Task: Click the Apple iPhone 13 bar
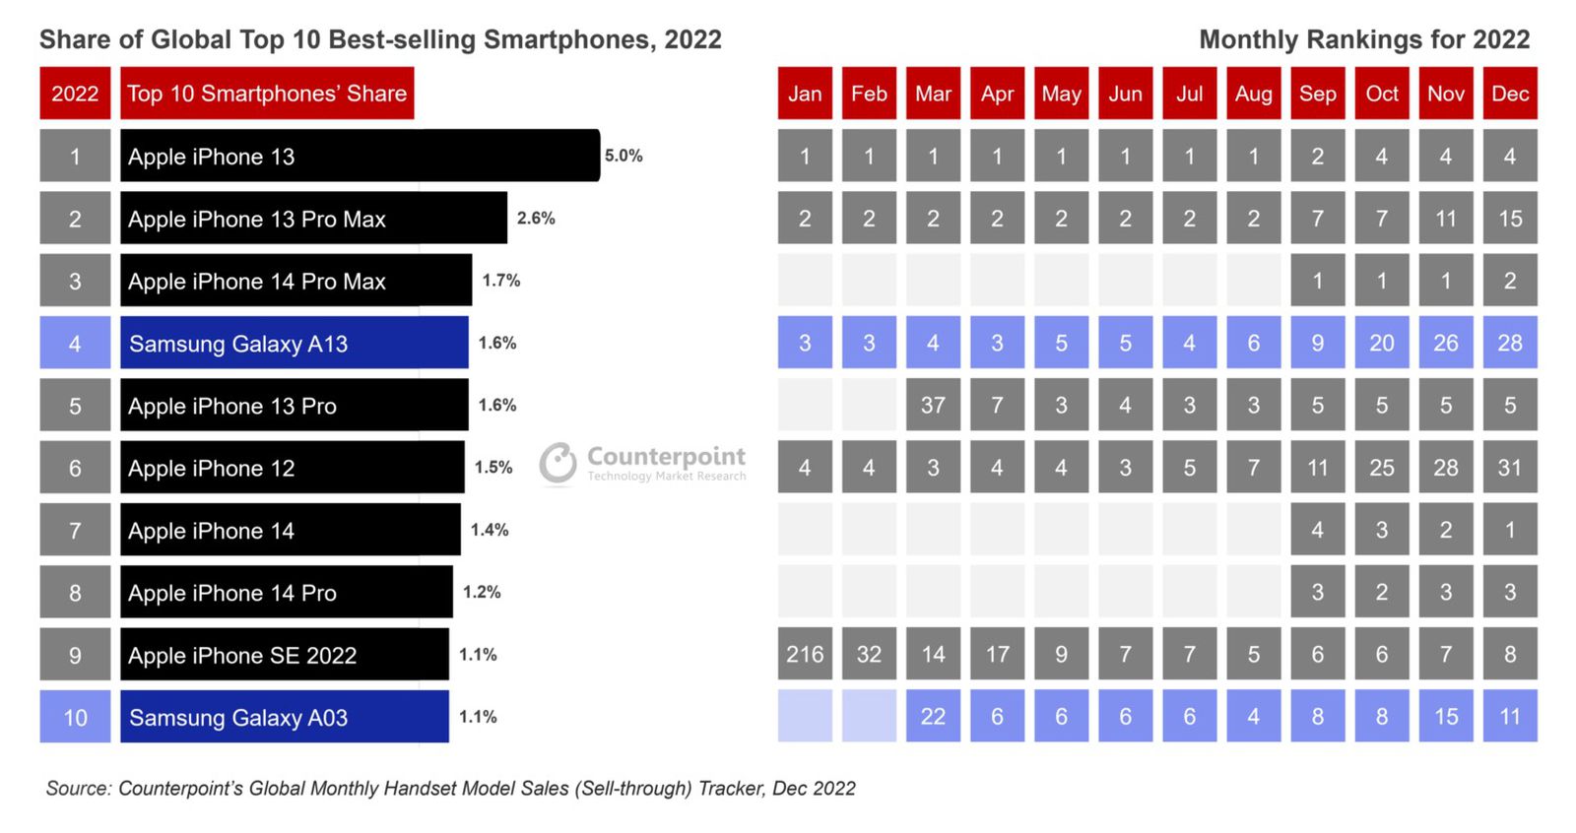(x=360, y=156)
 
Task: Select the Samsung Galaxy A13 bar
(x=294, y=343)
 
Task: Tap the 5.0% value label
(x=624, y=156)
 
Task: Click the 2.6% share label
(x=536, y=218)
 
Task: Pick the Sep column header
(x=1317, y=94)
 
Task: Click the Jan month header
(x=805, y=94)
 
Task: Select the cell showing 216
(x=805, y=654)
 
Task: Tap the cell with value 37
(x=933, y=405)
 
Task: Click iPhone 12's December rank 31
(x=1509, y=467)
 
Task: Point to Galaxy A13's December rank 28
(x=1509, y=343)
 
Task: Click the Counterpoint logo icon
(x=558, y=463)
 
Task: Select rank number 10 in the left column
(x=75, y=717)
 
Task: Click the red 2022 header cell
(x=75, y=94)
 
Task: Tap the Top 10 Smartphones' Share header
(x=267, y=94)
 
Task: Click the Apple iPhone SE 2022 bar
(x=284, y=654)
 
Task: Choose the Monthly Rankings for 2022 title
(x=1364, y=39)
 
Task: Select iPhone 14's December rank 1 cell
(x=1509, y=530)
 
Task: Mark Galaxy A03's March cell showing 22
(x=933, y=716)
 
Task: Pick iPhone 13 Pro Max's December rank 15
(x=1509, y=218)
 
